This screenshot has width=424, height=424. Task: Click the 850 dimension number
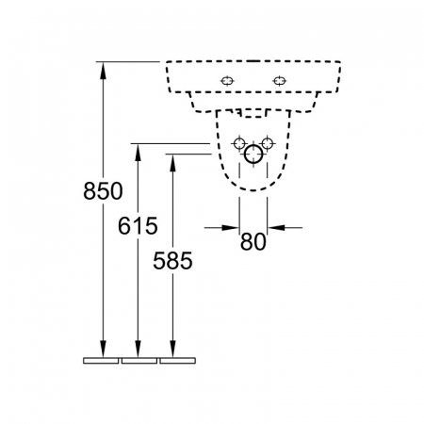click(x=103, y=191)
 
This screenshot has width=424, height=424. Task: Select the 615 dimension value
click(x=138, y=226)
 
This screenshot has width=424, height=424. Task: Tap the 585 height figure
click(x=172, y=261)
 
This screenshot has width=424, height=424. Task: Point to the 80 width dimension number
click(x=253, y=242)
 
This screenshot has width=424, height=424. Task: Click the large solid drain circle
click(x=253, y=155)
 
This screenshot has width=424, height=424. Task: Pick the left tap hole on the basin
click(x=227, y=81)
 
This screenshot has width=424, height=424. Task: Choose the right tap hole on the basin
click(x=279, y=81)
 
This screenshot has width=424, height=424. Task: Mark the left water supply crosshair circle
click(x=239, y=143)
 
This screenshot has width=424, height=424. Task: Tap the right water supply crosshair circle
click(x=268, y=143)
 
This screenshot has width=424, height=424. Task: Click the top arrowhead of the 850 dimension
click(x=103, y=71)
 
